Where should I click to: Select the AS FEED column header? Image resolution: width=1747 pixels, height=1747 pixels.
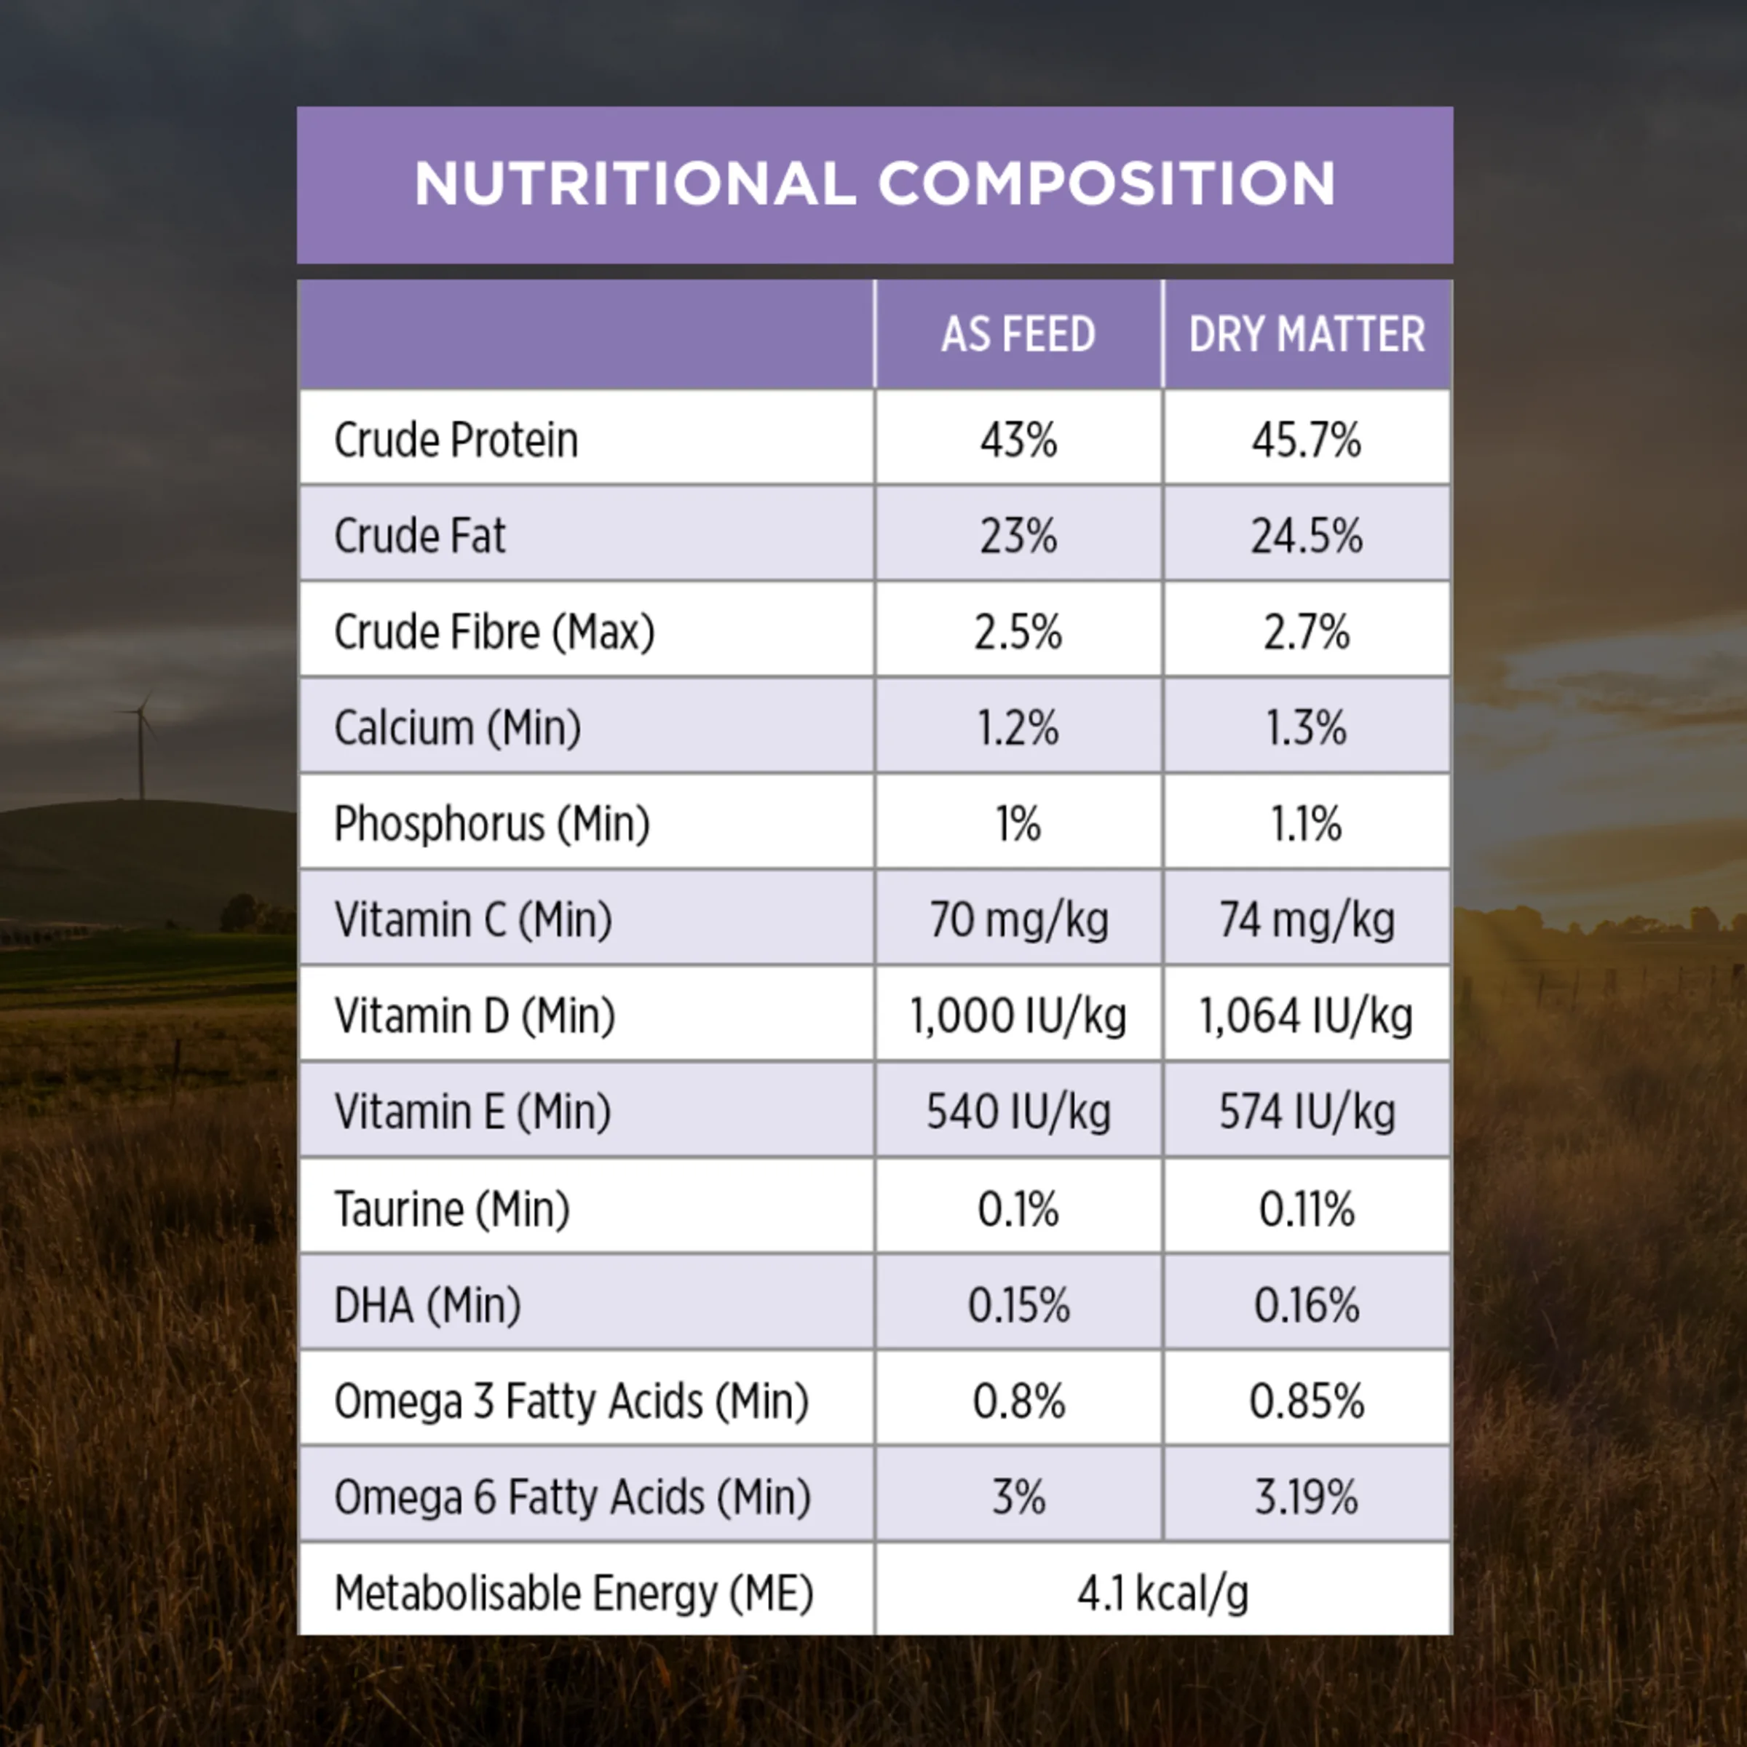1018,335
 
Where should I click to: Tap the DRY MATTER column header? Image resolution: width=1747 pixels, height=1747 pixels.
1307,335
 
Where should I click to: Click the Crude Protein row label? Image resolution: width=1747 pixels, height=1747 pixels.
456,440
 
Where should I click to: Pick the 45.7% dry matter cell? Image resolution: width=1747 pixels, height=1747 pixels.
1306,440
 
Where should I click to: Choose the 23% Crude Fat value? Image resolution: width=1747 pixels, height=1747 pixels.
1018,536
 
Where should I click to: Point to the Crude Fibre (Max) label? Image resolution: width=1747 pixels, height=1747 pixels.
494,632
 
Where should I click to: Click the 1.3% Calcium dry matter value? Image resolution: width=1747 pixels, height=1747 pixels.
1306,728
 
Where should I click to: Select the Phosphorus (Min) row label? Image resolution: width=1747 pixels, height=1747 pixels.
492,824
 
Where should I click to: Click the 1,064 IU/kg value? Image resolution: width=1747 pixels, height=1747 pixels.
1306,1016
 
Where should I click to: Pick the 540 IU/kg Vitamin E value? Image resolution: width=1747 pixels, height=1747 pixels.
1018,1112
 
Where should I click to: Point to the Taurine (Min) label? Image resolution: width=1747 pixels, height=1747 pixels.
452,1209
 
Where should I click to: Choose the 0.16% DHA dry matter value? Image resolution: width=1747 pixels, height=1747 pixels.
1306,1306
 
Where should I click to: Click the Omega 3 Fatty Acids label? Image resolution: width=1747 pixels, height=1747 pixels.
571,1401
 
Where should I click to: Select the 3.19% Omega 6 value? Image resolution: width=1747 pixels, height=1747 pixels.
1306,1497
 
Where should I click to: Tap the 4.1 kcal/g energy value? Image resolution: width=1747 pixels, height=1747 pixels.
1163,1593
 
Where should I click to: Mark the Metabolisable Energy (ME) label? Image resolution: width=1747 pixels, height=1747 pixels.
574,1593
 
